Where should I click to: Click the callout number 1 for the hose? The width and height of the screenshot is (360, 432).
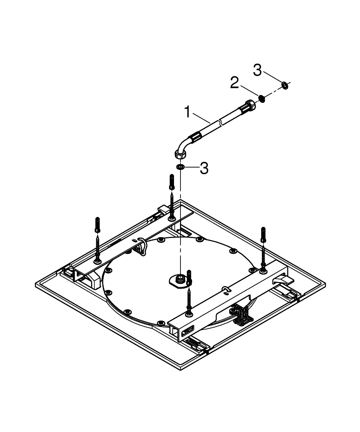tap(187, 112)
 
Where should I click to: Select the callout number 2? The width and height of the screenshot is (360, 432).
tap(234, 83)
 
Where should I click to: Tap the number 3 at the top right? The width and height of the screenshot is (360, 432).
tap(257, 70)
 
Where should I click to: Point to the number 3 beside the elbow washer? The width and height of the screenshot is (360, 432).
tap(204, 168)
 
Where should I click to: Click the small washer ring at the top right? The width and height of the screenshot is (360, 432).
tap(285, 86)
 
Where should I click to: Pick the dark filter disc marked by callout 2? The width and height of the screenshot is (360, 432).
tap(262, 98)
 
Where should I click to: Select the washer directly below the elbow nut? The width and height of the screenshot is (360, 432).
tap(180, 167)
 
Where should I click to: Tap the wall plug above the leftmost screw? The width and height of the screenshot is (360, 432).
tap(98, 225)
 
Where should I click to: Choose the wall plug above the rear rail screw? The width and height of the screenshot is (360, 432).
tap(172, 182)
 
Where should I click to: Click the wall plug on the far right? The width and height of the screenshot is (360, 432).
tap(263, 235)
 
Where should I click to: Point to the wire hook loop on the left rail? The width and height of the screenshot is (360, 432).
tap(142, 247)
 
